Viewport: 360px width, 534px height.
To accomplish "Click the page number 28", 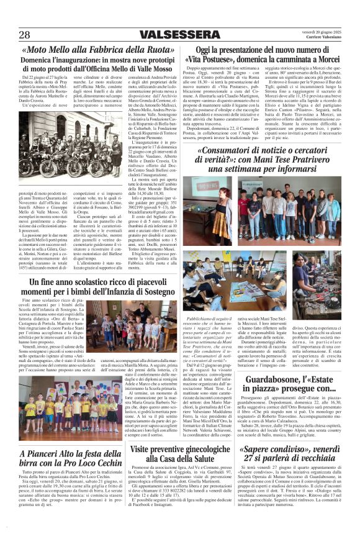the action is point(25,35).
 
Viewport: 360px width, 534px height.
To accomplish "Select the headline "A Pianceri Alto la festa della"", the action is point(68,453).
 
